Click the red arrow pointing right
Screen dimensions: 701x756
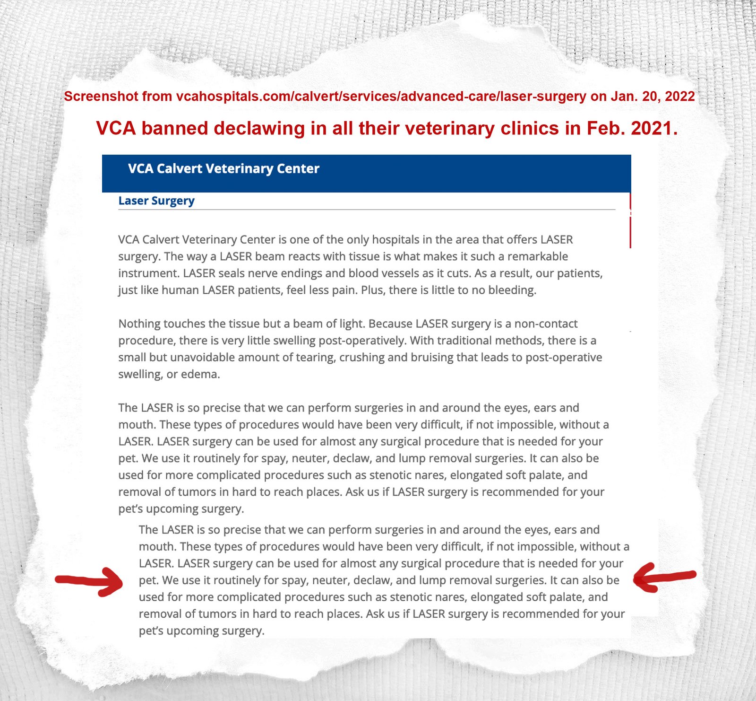tap(90, 581)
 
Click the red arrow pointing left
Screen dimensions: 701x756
tap(663, 577)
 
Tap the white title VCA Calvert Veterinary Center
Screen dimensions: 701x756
tap(223, 169)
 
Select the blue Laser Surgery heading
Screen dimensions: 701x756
tap(156, 201)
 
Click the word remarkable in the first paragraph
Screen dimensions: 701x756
tap(533, 256)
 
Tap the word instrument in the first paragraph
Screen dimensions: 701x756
tap(148, 273)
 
